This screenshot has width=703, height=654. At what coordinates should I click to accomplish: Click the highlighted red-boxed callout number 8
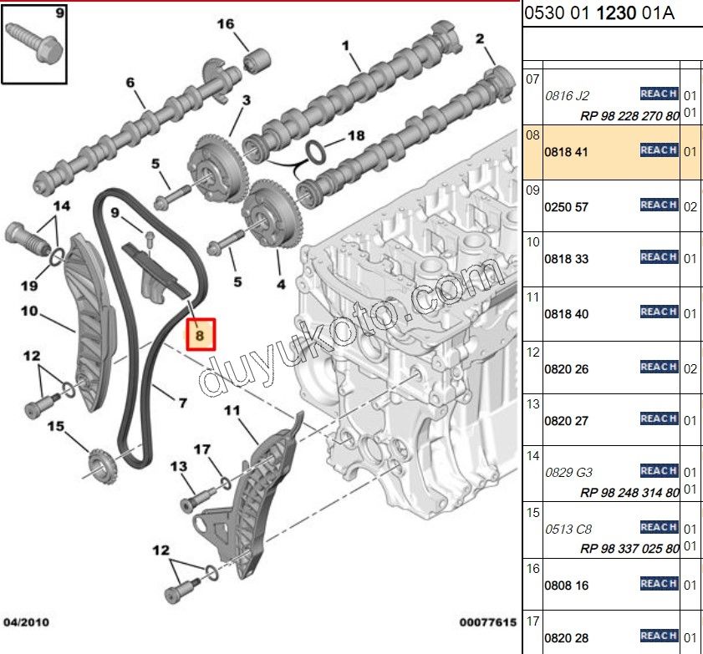click(200, 335)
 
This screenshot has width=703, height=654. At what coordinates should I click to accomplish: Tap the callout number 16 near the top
click(227, 23)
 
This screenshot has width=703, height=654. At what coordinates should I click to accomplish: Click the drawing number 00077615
click(486, 622)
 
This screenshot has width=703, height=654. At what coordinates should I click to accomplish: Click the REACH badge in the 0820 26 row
click(658, 367)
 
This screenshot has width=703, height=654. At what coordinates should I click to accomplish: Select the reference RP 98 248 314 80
click(629, 493)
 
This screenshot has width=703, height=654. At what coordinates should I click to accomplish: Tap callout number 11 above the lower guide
click(232, 410)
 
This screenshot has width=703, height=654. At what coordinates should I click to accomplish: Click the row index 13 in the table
click(532, 404)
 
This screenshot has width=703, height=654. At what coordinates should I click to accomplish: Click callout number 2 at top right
click(480, 38)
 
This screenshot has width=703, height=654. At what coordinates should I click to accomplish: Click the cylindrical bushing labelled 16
click(256, 61)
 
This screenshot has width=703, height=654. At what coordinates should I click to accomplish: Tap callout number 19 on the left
click(29, 286)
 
